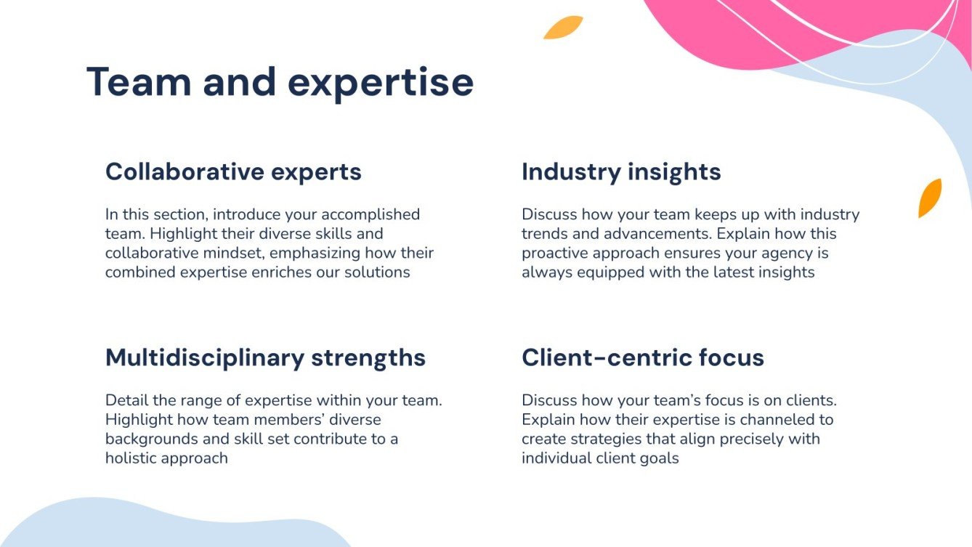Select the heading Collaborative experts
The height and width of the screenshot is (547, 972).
point(233,172)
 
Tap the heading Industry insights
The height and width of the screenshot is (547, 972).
point(621,172)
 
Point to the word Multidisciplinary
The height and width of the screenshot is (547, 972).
point(204,357)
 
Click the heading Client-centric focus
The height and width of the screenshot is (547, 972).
point(642,357)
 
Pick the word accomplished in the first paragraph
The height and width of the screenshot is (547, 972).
point(370,214)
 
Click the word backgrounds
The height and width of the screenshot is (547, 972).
point(149,439)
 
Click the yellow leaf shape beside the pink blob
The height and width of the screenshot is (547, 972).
point(563,28)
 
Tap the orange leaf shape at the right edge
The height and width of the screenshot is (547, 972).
point(930,198)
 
